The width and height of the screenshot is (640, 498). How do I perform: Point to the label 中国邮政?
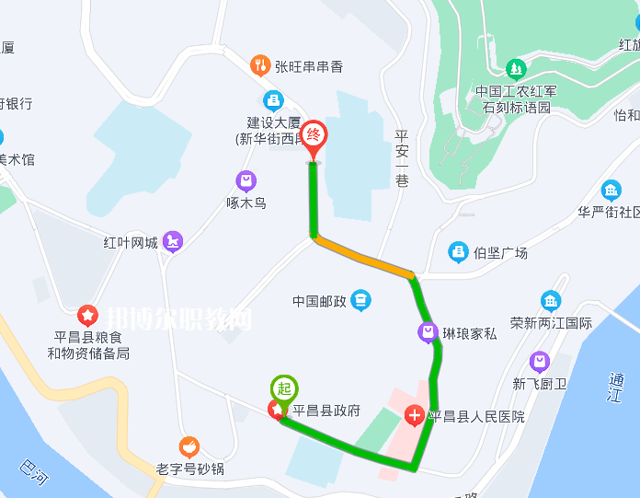click(x=318, y=301)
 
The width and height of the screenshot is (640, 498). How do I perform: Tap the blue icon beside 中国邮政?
click(x=361, y=299)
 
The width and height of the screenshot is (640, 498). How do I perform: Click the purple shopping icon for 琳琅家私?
click(x=428, y=332)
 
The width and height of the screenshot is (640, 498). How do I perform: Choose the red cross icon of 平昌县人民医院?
click(x=415, y=416)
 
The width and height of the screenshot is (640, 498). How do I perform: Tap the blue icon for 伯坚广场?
click(x=458, y=251)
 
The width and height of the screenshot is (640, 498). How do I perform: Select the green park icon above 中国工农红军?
click(x=516, y=68)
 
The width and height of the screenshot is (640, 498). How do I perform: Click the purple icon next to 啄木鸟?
click(x=246, y=180)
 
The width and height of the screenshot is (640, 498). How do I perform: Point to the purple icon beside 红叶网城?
click(x=173, y=242)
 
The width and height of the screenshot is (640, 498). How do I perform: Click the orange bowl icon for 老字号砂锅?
click(x=189, y=447)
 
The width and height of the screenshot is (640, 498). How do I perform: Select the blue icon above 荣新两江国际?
click(x=550, y=301)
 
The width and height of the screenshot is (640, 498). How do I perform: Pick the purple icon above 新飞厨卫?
click(x=540, y=361)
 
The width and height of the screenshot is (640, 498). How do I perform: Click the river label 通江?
click(x=615, y=388)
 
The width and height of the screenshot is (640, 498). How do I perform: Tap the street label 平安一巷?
click(x=401, y=158)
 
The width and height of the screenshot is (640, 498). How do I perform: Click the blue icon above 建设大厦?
click(x=273, y=100)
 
